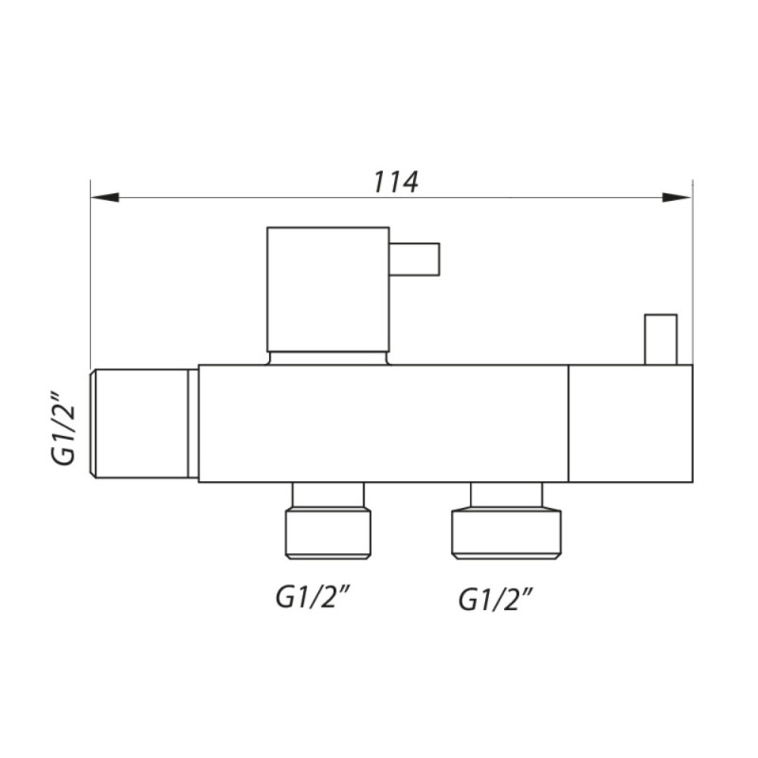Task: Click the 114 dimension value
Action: click(396, 182)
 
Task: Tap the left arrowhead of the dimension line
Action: click(105, 197)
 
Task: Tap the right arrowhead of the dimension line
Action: click(677, 197)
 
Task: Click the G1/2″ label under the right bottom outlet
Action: click(496, 600)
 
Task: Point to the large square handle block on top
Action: click(328, 289)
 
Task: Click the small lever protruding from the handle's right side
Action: click(415, 259)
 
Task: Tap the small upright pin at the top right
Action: click(660, 339)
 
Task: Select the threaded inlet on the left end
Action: click(139, 424)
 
